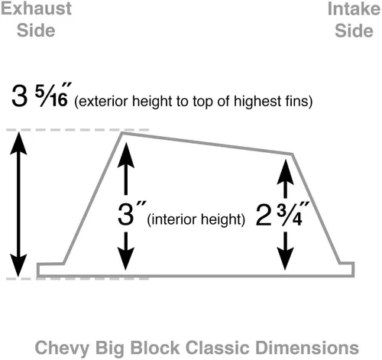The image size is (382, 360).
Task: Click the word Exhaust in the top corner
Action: (36, 8)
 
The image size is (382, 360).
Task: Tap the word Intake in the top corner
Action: (354, 9)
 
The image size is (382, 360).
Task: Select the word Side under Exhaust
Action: (36, 31)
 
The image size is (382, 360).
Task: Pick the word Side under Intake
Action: (354, 31)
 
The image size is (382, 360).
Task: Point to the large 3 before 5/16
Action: (19, 96)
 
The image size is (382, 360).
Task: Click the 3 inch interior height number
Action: (126, 214)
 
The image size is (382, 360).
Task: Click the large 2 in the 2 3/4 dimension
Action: (264, 216)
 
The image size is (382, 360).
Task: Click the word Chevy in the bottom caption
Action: (62, 348)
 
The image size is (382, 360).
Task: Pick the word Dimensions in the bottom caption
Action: (307, 348)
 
